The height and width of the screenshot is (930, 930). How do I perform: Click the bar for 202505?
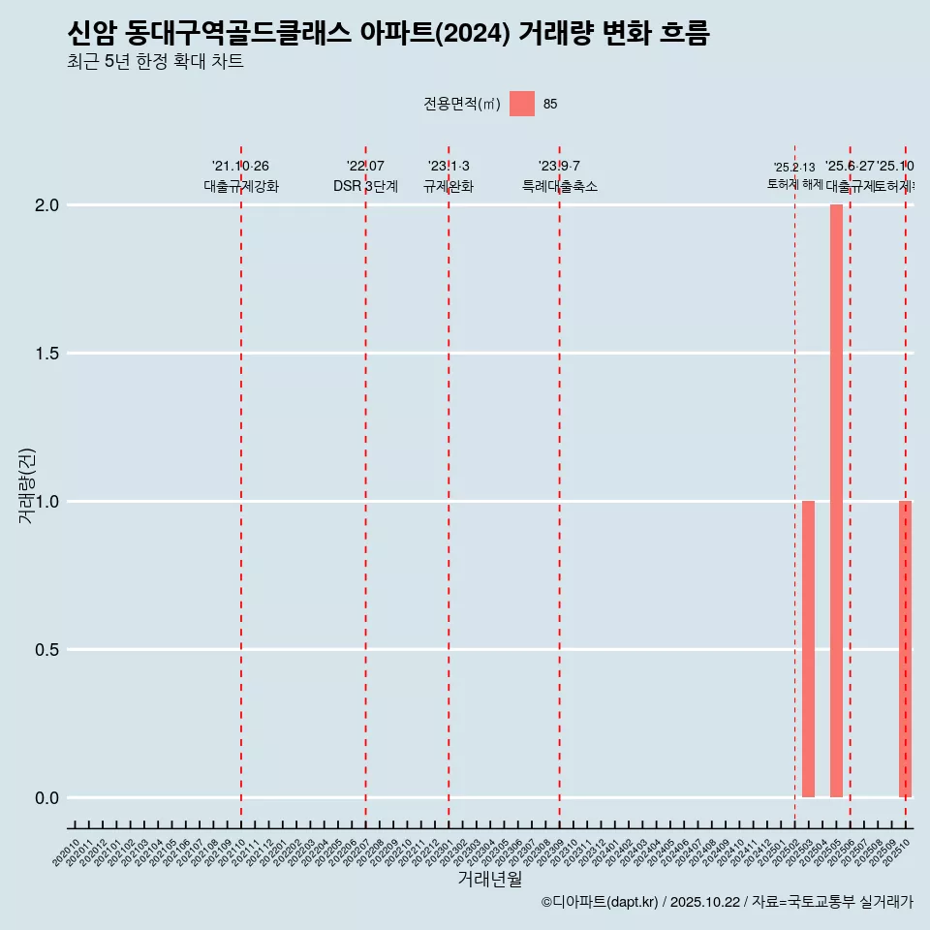(x=836, y=501)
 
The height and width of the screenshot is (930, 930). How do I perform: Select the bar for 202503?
(x=808, y=649)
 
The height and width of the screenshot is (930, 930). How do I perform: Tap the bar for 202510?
(x=905, y=649)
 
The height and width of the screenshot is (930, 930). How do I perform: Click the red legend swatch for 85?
(x=522, y=104)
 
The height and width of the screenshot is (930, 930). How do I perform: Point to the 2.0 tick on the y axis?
(x=47, y=205)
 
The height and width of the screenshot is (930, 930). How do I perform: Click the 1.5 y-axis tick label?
(x=47, y=354)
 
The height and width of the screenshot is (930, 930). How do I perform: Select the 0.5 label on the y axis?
(x=47, y=650)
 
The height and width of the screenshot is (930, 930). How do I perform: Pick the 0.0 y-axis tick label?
(x=47, y=798)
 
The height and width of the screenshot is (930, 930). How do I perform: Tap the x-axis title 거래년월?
(x=489, y=880)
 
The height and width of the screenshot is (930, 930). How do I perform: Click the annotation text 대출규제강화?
(x=241, y=186)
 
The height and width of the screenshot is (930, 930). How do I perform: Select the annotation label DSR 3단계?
(x=365, y=186)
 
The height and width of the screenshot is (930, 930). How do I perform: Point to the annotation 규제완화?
(x=449, y=186)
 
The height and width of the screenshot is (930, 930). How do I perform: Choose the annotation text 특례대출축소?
(x=560, y=186)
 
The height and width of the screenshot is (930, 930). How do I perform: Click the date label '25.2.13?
(x=794, y=168)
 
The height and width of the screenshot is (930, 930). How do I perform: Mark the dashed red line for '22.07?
(x=365, y=484)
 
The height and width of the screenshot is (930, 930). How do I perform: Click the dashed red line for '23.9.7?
(x=560, y=484)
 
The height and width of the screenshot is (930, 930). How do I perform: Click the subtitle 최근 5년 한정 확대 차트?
(x=155, y=62)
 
